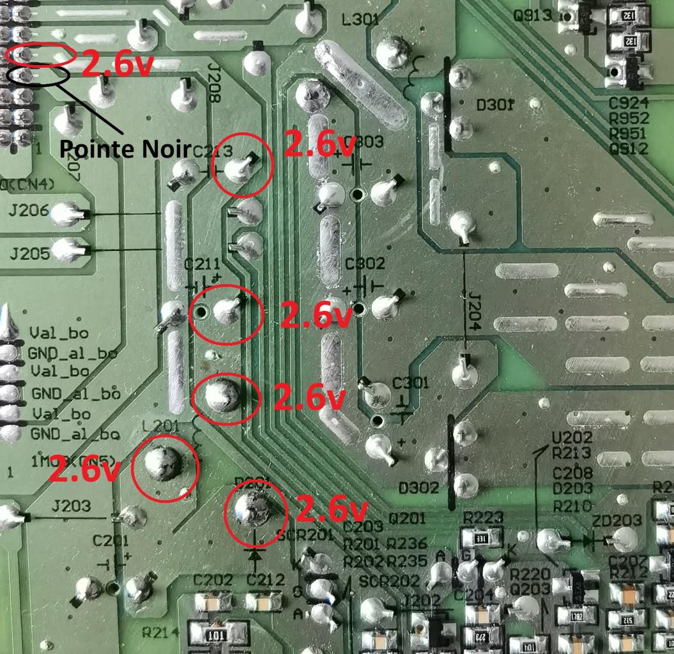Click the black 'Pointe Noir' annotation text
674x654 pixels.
[x=125, y=149]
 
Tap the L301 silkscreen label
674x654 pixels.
[x=361, y=20]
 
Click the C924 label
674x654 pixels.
[x=629, y=103]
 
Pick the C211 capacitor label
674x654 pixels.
[x=202, y=263]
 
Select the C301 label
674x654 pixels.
[x=410, y=383]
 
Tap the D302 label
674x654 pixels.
[x=418, y=488]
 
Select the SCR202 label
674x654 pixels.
[x=390, y=581]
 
